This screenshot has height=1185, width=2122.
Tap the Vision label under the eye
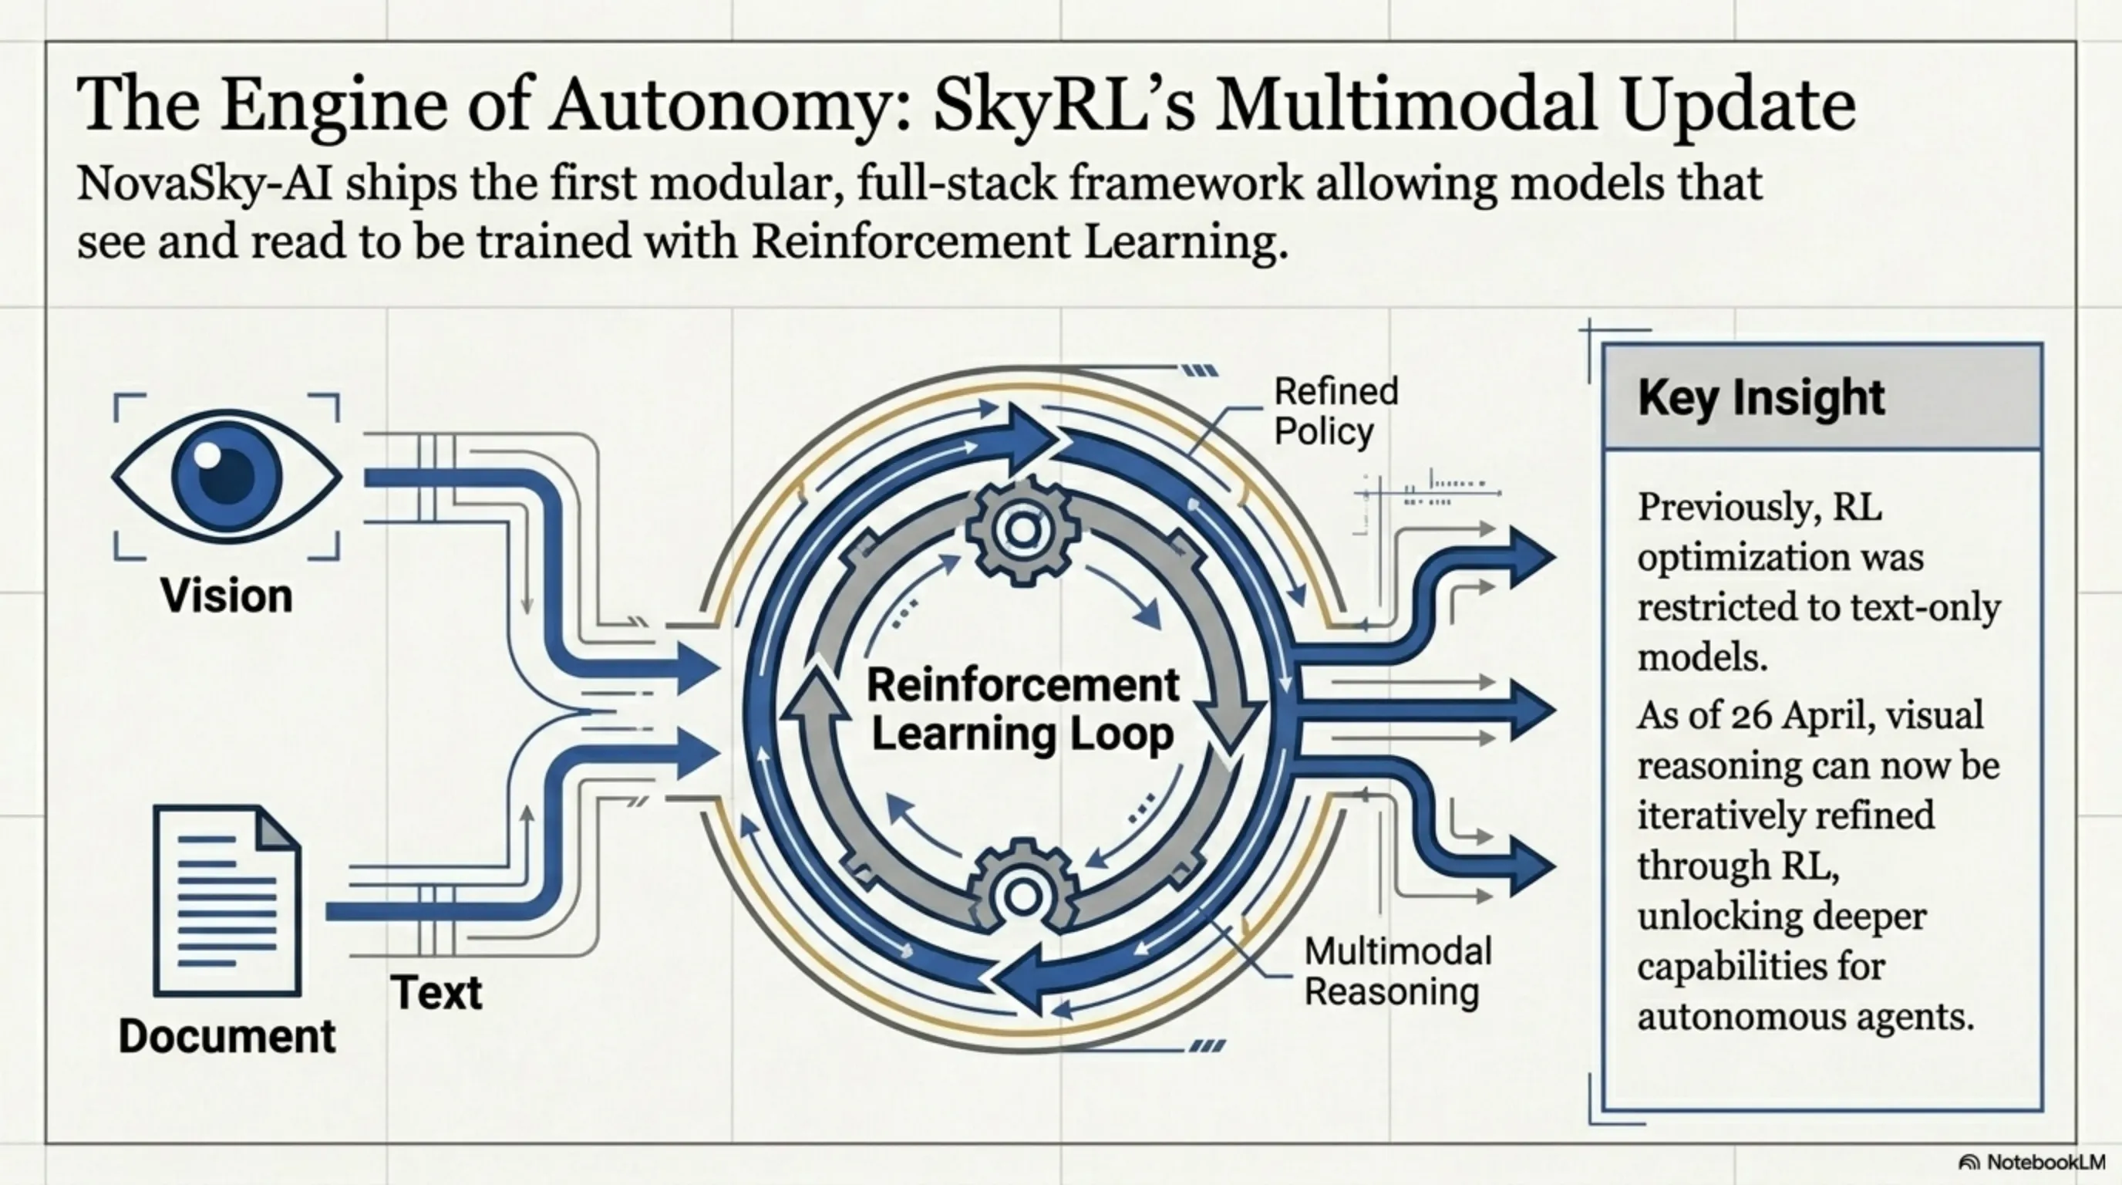(x=227, y=595)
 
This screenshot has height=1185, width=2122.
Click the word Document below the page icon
(x=227, y=1036)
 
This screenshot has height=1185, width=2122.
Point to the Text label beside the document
(x=436, y=991)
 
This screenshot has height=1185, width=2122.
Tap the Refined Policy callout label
(x=1336, y=411)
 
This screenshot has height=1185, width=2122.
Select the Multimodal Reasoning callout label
(x=1397, y=971)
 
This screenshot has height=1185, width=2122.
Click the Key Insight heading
(x=1760, y=397)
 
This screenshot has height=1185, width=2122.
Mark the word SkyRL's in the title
(x=1063, y=106)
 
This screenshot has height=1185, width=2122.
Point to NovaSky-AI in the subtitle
(x=204, y=183)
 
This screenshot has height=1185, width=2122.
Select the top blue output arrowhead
(x=1532, y=558)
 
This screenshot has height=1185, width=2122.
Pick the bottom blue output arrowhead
(x=1532, y=866)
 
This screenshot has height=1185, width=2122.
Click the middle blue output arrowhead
(x=1532, y=711)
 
